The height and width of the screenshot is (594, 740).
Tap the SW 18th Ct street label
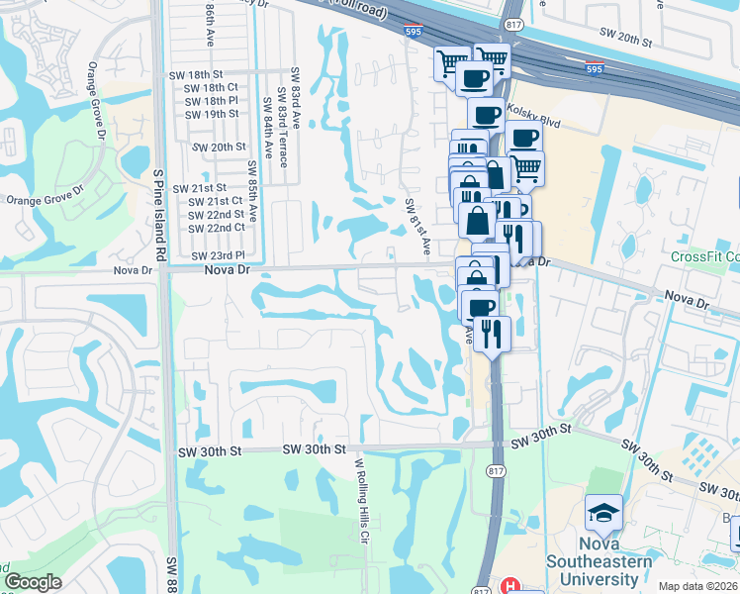212,87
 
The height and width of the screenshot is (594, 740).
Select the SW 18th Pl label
212,100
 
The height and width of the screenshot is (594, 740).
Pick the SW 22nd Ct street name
218,227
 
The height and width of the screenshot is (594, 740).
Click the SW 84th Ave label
268,130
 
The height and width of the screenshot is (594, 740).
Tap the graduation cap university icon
603,514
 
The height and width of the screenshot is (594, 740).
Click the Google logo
33,582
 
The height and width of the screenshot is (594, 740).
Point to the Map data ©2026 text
698,586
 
